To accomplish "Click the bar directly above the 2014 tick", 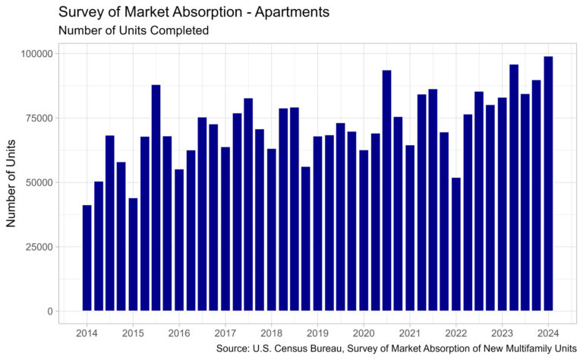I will pos(87,258).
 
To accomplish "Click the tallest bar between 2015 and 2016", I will pos(156,197).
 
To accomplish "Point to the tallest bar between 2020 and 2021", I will pos(386,190).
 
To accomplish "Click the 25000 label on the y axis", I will pos(37,247).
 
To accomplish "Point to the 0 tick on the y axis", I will pos(49,311).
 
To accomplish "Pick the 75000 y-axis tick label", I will pos(37,118).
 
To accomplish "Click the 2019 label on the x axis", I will pos(317,333).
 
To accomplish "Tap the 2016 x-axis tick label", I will pos(179,333).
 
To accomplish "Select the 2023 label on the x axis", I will pos(502,333).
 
